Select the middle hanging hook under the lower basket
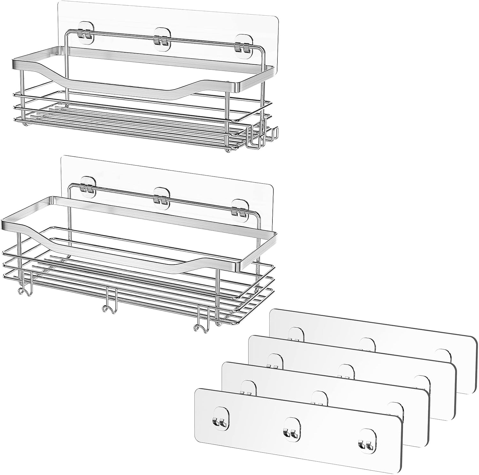pyautogui.click(x=109, y=305)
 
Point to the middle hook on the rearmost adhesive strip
pyautogui.click(x=367, y=344)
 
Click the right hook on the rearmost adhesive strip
pyautogui.click(x=443, y=354)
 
